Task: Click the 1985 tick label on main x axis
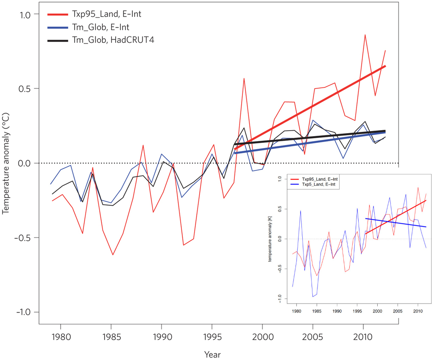(x=111, y=338)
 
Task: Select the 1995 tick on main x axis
(x=212, y=338)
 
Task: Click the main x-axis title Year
(x=212, y=354)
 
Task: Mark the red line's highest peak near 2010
(x=365, y=35)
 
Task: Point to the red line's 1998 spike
(x=244, y=78)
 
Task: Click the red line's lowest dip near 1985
(x=113, y=255)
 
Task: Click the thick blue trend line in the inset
(x=394, y=223)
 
